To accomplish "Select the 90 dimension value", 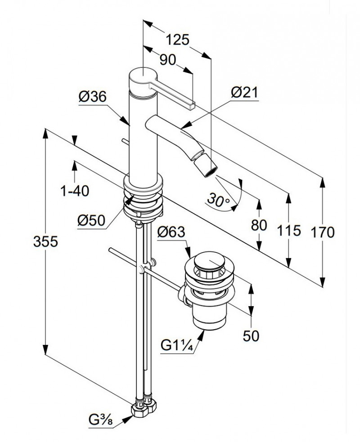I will pyautogui.click(x=167, y=60).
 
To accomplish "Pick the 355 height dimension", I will pyautogui.click(x=45, y=242).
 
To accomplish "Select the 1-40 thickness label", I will pyautogui.click(x=75, y=191).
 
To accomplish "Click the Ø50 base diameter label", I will pyautogui.click(x=91, y=220).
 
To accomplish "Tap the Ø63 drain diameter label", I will pyautogui.click(x=172, y=232).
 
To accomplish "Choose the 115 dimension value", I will pyautogui.click(x=288, y=231).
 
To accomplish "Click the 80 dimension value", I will pyautogui.click(x=259, y=224).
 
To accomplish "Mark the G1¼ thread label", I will pyautogui.click(x=177, y=346).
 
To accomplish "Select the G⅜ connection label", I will pyautogui.click(x=100, y=422).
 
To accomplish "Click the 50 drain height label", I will pyautogui.click(x=251, y=336).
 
